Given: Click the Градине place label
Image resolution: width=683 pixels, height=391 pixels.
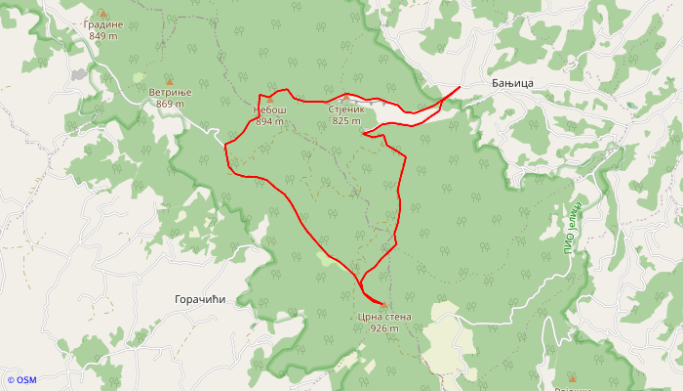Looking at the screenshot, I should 101,24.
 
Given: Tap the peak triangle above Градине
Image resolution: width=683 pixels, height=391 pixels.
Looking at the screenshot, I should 101,13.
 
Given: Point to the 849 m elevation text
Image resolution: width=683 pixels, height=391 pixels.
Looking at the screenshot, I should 101,36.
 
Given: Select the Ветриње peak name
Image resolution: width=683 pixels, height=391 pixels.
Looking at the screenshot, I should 170,92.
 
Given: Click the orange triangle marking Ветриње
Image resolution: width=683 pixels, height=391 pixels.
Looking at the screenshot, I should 169,80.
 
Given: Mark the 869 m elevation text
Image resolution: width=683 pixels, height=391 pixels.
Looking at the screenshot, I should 170,104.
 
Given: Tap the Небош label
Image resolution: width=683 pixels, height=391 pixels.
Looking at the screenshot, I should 270,110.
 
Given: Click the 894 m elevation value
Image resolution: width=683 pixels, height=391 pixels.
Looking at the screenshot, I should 269,122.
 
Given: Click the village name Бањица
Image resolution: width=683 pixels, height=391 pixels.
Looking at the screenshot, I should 512,85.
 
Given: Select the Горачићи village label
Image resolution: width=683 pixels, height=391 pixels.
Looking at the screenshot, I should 199,299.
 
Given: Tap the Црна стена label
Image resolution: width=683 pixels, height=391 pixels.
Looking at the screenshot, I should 384,317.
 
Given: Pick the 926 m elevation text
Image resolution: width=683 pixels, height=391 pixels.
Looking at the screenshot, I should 384,328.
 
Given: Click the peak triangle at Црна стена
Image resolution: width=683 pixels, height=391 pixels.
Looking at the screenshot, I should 383,305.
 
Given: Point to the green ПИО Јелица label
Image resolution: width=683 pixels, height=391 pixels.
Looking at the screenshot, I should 572,227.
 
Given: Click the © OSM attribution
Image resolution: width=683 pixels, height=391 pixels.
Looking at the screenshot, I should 20,380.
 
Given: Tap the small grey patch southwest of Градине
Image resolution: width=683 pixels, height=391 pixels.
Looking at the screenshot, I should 79,74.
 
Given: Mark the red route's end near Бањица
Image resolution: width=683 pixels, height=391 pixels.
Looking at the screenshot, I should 460,89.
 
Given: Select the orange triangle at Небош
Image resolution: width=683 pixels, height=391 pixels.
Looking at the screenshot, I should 270,100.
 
